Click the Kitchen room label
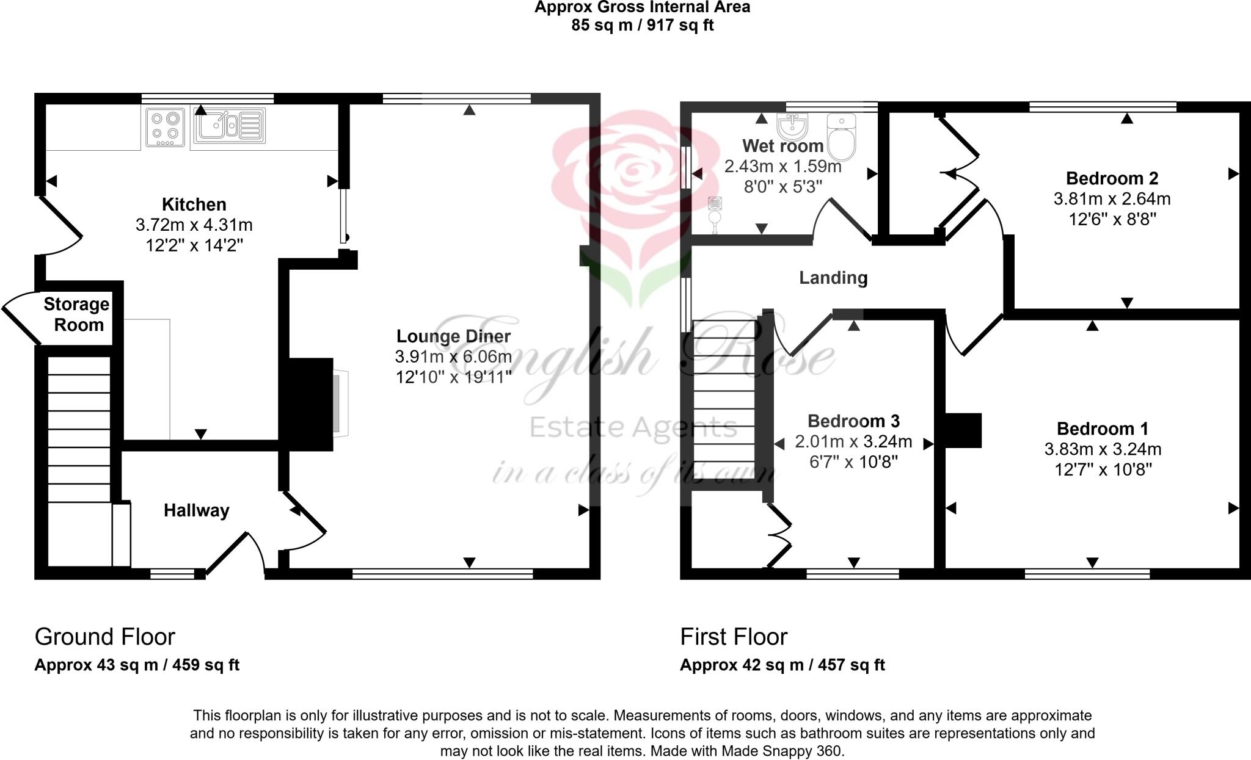[x=194, y=204]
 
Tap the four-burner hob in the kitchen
[x=165, y=128]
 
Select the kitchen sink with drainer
[x=229, y=126]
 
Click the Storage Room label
[x=76, y=314]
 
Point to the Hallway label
[x=196, y=510]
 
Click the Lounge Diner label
[x=453, y=336]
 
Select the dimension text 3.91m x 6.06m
[x=453, y=357]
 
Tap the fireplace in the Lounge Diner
[x=339, y=403]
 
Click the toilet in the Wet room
[x=842, y=136]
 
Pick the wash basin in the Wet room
[x=793, y=126]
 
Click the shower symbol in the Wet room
[x=715, y=214]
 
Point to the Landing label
[x=833, y=278]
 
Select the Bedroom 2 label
[x=1112, y=178]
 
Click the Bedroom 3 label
[x=853, y=421]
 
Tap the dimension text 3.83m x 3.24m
[x=1103, y=450]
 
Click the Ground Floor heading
[x=105, y=637]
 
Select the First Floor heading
[x=734, y=637]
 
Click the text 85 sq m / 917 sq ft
[x=642, y=25]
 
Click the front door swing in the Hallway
[x=238, y=553]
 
